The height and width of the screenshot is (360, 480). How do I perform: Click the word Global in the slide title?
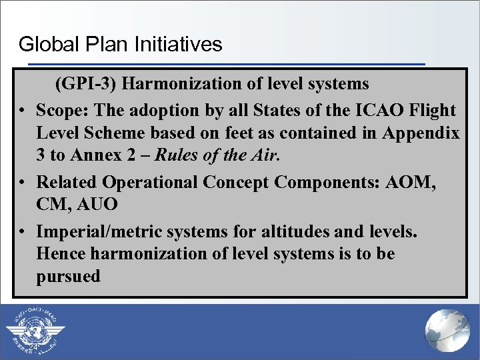click(x=43, y=45)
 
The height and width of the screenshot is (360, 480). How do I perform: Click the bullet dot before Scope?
click(x=22, y=111)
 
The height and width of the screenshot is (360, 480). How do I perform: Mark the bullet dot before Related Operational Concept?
click(x=22, y=183)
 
